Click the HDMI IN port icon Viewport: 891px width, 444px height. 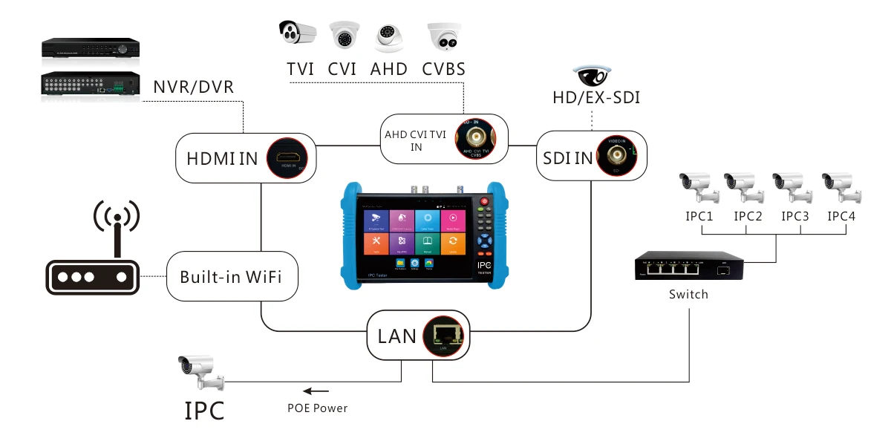287,158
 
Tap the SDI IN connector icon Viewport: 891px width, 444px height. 615,155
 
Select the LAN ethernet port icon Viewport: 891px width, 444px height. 444,335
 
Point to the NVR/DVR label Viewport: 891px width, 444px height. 193,87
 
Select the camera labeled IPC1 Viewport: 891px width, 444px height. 699,186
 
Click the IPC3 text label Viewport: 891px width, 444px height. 797,216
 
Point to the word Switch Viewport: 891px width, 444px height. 688,294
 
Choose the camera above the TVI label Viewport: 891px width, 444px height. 298,33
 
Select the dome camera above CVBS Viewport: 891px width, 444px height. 444,36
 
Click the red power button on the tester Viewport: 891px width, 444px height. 486,201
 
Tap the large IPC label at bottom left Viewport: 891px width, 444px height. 204,410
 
